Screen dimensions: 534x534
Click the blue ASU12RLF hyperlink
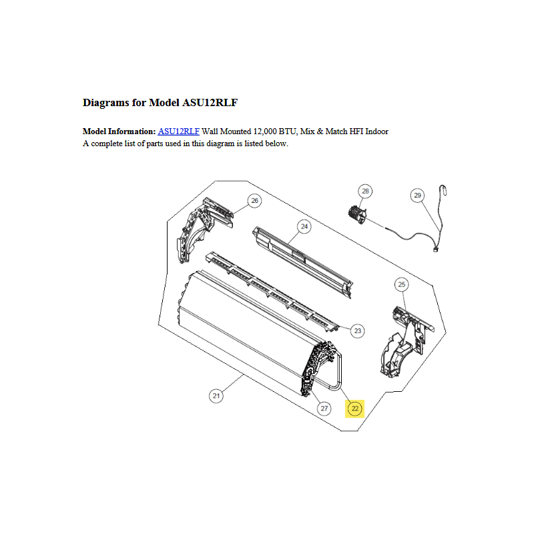coord(178,131)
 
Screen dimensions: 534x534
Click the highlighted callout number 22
coord(355,409)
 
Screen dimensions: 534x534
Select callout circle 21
coord(216,396)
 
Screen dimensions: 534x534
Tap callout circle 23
coord(358,330)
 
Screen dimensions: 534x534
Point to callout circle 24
coord(304,226)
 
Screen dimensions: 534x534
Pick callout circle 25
coord(402,284)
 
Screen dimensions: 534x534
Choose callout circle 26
coord(255,201)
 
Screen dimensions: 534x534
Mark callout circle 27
coord(324,409)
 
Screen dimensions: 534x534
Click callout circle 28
coord(365,191)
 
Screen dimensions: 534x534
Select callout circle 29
coord(418,195)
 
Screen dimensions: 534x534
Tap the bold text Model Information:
coord(119,131)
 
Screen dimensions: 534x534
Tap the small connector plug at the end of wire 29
coord(436,250)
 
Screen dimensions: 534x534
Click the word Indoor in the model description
coord(376,131)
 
